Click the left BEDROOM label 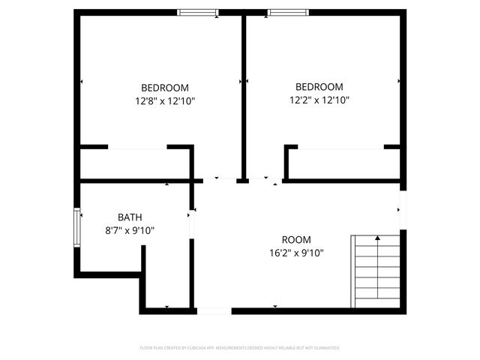pos(165,87)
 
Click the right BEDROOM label pos(319,86)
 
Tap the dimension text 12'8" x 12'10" pos(165,100)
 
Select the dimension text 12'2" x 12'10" pos(319,99)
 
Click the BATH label pos(130,217)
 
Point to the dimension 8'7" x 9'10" pos(129,230)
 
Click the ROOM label pos(296,240)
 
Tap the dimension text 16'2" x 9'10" pos(296,253)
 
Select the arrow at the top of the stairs pos(377,238)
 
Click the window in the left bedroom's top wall pos(198,12)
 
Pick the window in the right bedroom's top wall pos(288,12)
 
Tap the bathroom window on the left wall pos(76,226)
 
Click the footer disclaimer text pos(240,348)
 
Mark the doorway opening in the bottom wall pos(214,310)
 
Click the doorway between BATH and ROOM pos(192,223)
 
